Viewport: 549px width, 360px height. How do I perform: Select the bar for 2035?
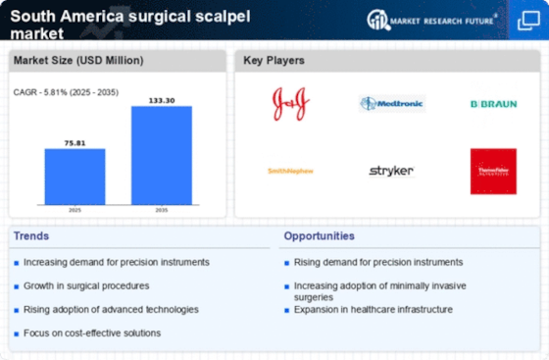163,156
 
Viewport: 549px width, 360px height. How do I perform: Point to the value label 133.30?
163,99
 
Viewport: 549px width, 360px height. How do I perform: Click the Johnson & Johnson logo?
289,103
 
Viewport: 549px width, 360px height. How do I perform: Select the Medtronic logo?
391,103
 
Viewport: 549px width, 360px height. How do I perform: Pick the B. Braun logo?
493,103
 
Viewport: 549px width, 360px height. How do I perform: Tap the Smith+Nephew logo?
289,171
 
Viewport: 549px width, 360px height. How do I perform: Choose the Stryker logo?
391,171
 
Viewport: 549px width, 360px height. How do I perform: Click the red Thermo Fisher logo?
493,171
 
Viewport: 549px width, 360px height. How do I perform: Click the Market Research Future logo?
452,20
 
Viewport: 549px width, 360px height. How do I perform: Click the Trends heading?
31,236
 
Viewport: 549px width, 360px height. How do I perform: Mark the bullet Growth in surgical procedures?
86,285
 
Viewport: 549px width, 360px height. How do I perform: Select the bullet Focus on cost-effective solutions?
92,333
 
